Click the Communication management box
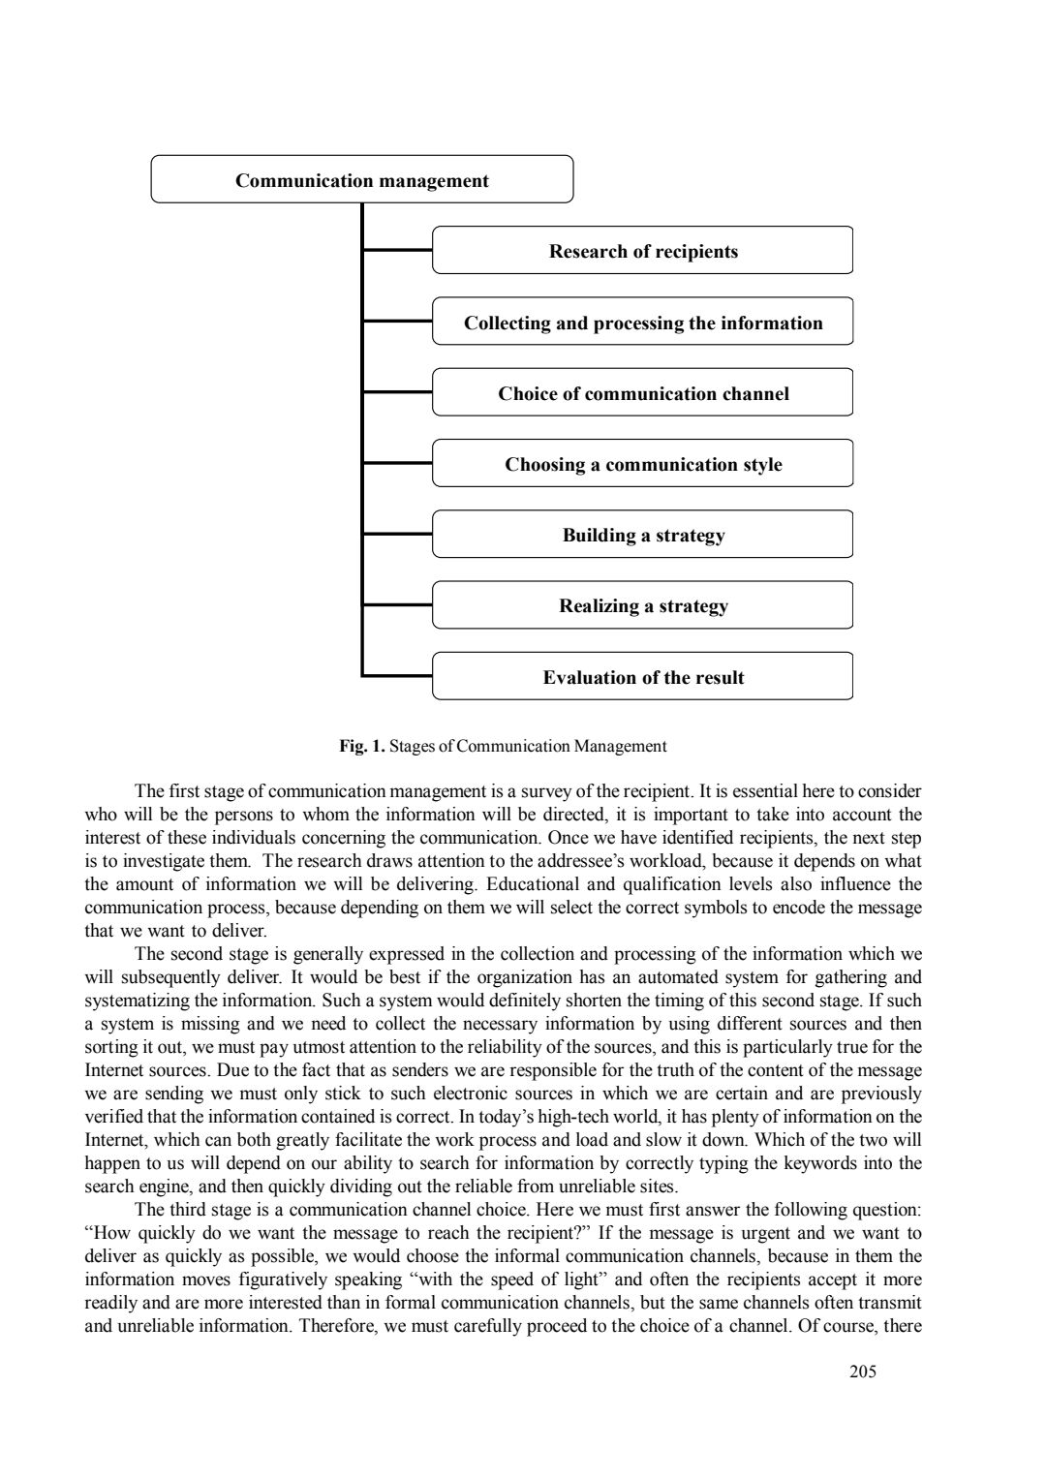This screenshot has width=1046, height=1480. coord(362,180)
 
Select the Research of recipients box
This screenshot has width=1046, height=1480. coord(642,251)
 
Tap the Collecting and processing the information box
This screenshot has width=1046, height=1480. coord(642,323)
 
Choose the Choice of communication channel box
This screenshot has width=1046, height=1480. coord(642,393)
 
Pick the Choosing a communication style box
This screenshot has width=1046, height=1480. coord(642,464)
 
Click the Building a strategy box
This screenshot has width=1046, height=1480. coord(642,535)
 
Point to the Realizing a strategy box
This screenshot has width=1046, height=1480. coord(642,605)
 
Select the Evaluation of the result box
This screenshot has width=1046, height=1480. coord(642,676)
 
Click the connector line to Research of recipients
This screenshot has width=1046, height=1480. coord(397,251)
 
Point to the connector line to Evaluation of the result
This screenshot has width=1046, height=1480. coord(397,676)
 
